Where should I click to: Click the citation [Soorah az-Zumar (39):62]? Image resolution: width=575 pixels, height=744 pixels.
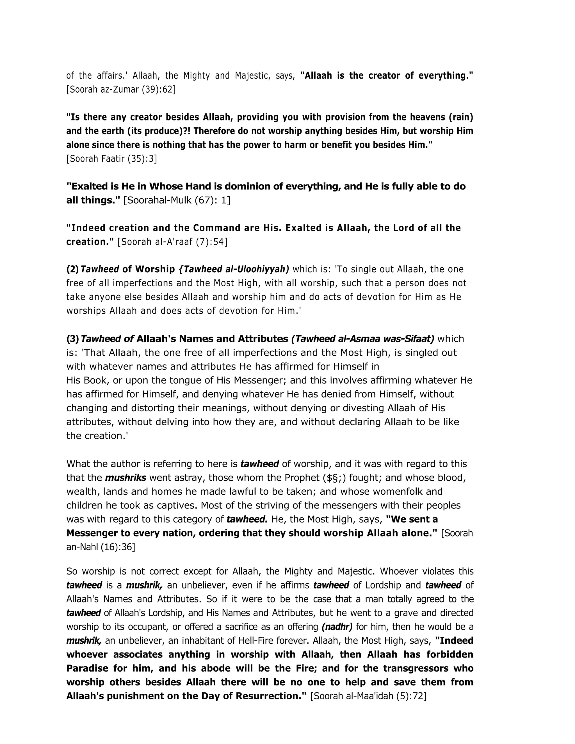(x=121, y=90)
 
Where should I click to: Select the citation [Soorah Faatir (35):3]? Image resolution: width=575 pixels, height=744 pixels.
(x=112, y=159)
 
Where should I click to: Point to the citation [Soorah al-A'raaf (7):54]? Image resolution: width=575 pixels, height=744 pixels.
(x=172, y=242)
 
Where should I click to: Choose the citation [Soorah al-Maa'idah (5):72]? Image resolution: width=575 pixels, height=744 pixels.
(x=369, y=696)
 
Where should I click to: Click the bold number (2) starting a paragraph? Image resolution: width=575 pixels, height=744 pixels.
(x=72, y=270)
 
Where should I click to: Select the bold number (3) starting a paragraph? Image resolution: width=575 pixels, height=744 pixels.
(x=72, y=339)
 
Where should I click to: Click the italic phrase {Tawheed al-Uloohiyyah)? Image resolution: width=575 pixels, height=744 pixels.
(x=234, y=270)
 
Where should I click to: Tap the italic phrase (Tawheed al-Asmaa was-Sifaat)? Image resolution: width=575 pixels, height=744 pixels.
(x=362, y=339)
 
